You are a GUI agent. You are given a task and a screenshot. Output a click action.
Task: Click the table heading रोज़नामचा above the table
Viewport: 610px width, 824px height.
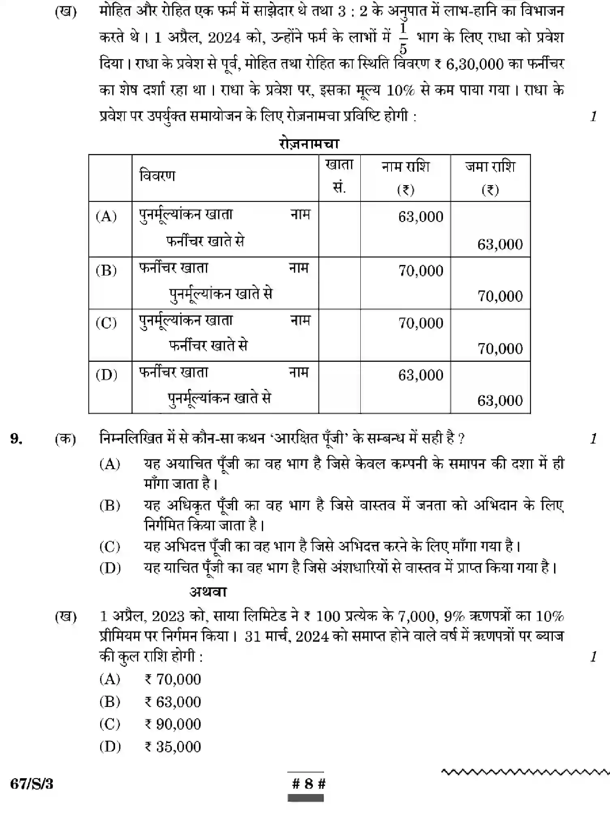point(309,144)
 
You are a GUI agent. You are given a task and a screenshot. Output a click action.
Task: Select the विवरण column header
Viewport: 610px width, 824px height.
point(157,176)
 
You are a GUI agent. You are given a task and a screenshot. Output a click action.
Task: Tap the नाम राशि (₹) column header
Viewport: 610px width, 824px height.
point(405,177)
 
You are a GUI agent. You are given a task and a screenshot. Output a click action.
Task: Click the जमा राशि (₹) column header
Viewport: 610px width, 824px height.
point(490,177)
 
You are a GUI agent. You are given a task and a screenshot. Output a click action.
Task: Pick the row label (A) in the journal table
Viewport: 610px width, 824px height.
point(106,216)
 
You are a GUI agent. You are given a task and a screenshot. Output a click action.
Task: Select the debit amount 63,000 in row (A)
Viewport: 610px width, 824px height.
point(420,217)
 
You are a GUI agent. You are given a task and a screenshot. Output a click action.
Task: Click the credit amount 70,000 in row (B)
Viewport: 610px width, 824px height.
point(500,296)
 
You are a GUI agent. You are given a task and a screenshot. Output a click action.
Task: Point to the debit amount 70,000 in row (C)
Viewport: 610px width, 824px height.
point(420,323)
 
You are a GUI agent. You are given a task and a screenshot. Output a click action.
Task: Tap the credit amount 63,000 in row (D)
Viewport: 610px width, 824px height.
point(500,400)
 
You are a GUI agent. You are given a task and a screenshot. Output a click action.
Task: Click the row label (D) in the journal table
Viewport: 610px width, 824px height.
point(106,374)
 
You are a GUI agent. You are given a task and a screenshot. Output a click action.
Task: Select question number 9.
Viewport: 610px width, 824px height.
point(16,438)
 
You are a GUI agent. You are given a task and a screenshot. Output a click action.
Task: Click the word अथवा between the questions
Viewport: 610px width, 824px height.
point(208,592)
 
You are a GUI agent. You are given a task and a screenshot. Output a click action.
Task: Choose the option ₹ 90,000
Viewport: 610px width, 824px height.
point(173,724)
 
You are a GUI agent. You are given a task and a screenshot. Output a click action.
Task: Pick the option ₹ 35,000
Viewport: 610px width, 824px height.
point(173,747)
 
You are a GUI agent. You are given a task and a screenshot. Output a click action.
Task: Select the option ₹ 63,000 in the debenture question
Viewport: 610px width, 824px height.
point(173,702)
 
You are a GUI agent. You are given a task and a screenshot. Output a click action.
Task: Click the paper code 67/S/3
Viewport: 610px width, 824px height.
point(32,784)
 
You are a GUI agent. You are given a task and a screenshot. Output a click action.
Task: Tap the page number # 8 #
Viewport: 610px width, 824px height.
point(308,784)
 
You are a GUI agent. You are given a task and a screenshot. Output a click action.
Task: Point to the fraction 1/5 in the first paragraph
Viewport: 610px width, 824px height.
point(403,39)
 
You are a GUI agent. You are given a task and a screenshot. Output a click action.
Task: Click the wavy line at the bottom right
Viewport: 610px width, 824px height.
point(525,772)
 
